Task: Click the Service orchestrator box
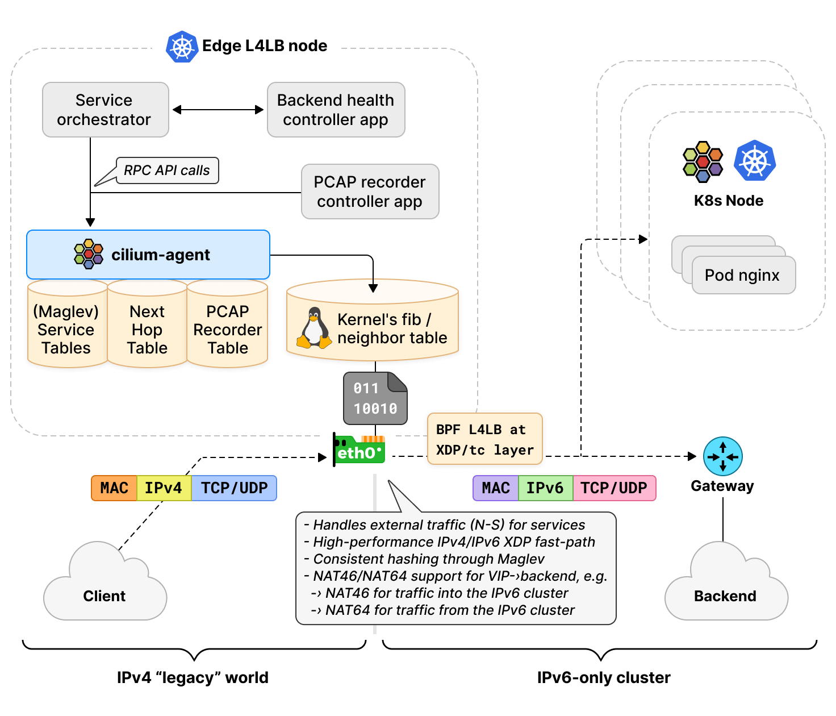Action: pyautogui.click(x=105, y=110)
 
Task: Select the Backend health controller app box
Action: pyautogui.click(x=336, y=110)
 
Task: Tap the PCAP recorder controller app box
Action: pyautogui.click(x=370, y=192)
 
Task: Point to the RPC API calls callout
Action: pyautogui.click(x=167, y=170)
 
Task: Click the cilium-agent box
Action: pyautogui.click(x=148, y=255)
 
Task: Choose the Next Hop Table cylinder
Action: pyautogui.click(x=147, y=330)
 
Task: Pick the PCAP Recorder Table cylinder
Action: pyautogui.click(x=227, y=330)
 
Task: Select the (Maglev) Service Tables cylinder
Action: pyautogui.click(x=66, y=330)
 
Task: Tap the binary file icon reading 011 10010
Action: pyautogui.click(x=375, y=398)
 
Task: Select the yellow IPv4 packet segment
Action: pyautogui.click(x=164, y=488)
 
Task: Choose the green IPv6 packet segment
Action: pyautogui.click(x=545, y=488)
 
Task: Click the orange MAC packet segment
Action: pyautogui.click(x=114, y=488)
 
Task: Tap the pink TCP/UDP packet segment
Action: pyautogui.click(x=614, y=488)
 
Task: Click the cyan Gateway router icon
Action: pyautogui.click(x=722, y=456)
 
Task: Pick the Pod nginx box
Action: pyautogui.click(x=743, y=275)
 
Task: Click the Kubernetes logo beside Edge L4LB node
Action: pyautogui.click(x=182, y=47)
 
